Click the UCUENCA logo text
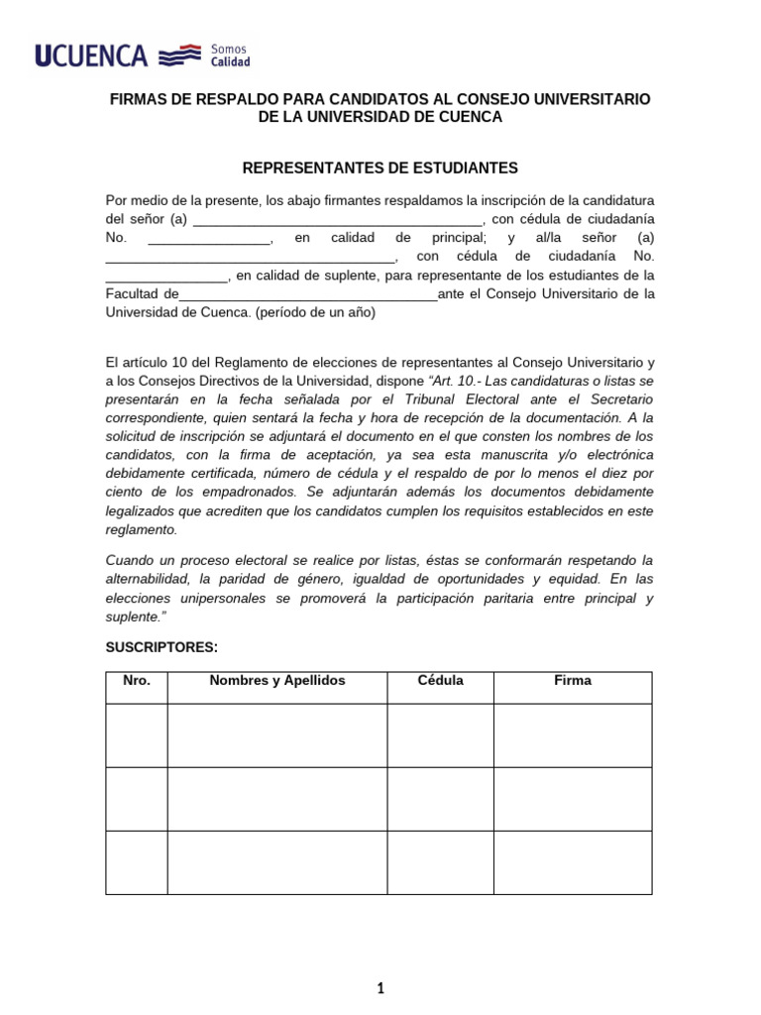click(x=91, y=56)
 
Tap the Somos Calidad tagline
click(x=230, y=56)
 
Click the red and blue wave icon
click(x=180, y=56)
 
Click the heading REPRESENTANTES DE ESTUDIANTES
click(x=380, y=169)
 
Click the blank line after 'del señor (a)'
click(x=338, y=219)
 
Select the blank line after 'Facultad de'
click(x=308, y=294)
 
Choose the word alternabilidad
click(x=150, y=578)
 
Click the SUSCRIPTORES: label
click(x=161, y=647)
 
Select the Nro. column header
click(x=137, y=681)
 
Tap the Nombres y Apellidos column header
click(x=276, y=681)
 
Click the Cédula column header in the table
click(x=440, y=681)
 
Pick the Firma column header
click(x=573, y=681)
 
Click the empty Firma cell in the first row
click(x=573, y=735)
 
